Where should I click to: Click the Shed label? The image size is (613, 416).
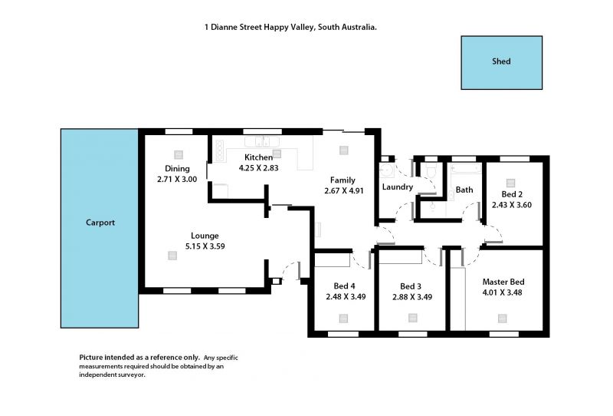pyautogui.click(x=501, y=61)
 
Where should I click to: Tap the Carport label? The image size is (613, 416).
pyautogui.click(x=100, y=223)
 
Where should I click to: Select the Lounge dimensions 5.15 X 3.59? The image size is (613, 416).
pyautogui.click(x=205, y=246)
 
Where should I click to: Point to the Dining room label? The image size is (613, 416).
pyautogui.click(x=177, y=168)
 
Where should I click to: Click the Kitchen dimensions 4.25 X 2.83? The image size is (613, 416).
pyautogui.click(x=258, y=168)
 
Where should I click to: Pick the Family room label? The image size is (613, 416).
pyautogui.click(x=343, y=180)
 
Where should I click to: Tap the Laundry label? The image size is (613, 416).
pyautogui.click(x=397, y=187)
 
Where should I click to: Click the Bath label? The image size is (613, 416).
pyautogui.click(x=464, y=190)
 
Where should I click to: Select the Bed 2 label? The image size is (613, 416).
pyautogui.click(x=512, y=194)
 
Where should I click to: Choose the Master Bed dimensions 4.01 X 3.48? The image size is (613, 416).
pyautogui.click(x=502, y=292)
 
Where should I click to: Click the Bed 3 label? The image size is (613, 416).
pyautogui.click(x=411, y=286)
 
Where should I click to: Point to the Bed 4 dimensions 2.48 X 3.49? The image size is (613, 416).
pyautogui.click(x=346, y=297)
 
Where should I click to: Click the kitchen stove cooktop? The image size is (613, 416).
pyautogui.click(x=220, y=150)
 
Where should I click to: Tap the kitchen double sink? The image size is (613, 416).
pyautogui.click(x=262, y=141)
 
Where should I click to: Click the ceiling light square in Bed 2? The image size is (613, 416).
pyautogui.click(x=510, y=183)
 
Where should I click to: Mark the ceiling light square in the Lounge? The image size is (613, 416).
pyautogui.click(x=172, y=256)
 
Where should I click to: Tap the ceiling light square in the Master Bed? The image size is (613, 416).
pyautogui.click(x=503, y=319)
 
